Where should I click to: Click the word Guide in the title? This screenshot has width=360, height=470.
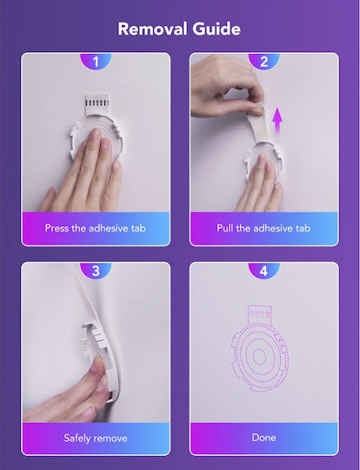217,29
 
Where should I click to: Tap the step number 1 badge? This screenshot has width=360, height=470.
96,62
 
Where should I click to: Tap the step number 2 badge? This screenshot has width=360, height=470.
263,62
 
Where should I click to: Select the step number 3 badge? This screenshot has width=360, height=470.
96,271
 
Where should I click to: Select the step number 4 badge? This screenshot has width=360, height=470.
263,271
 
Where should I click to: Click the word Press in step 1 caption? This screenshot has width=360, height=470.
57,228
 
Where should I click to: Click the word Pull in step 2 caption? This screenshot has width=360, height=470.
224,228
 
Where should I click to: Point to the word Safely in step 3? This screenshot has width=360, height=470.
77,438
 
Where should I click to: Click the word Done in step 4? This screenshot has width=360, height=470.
263,437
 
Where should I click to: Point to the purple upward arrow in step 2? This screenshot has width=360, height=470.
277,123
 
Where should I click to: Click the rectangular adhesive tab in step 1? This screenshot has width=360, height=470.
97,105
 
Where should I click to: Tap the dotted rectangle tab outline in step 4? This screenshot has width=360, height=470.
259,315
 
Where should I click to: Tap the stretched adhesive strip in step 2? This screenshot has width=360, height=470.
259,127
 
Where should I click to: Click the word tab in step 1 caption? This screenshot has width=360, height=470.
138,228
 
